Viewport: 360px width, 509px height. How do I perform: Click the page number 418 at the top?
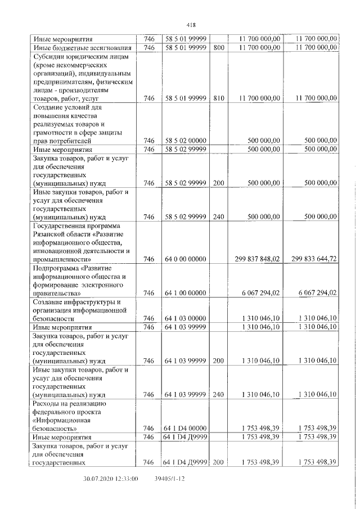[190, 24]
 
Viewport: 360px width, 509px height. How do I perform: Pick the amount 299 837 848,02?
[256, 259]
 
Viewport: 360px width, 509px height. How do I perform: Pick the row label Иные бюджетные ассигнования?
[82, 48]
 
